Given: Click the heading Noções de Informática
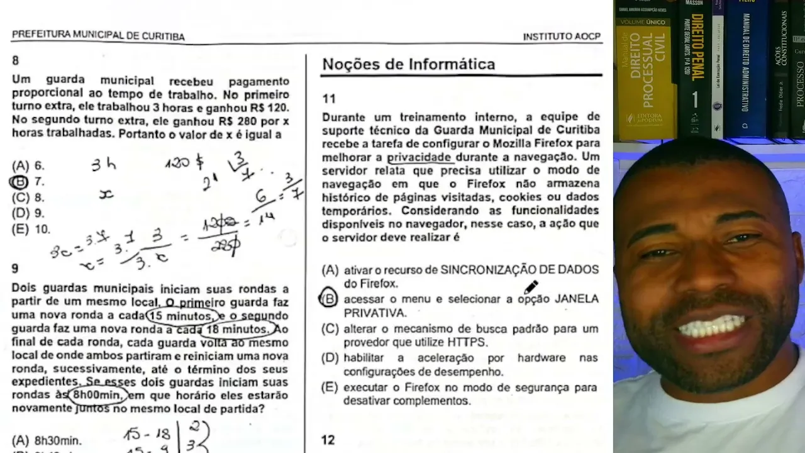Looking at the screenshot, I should coord(408,64).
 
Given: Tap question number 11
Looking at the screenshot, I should coord(329,98).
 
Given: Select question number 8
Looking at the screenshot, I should coord(16,60).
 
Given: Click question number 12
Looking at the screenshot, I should coord(328,440).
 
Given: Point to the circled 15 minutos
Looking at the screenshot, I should coord(182,315).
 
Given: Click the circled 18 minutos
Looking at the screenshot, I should coord(235,329).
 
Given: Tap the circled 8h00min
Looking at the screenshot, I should coord(97,396).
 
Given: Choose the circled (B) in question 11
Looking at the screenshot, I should coord(329,299).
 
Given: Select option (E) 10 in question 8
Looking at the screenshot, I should coord(31,230).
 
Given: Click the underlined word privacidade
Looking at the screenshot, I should coord(419,157).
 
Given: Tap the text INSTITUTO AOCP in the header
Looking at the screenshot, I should coord(562,36).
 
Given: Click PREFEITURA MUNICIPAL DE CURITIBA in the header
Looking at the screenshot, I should coord(98,35).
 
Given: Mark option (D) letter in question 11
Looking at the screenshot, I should coord(330,358).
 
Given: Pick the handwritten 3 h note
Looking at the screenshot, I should coord(104,165).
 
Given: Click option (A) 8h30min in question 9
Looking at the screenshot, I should coord(47,441).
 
